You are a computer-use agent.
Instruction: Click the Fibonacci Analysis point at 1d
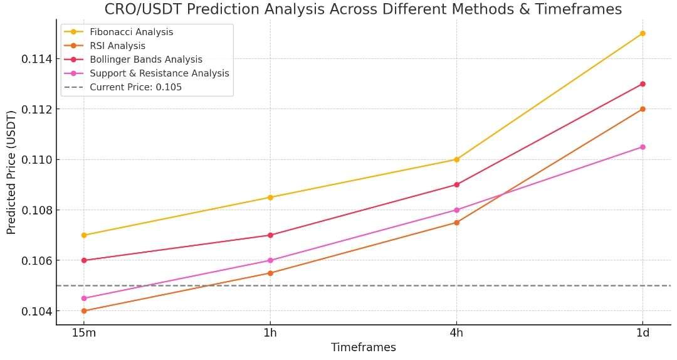tap(643, 33)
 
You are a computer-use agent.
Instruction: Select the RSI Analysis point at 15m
tap(84, 311)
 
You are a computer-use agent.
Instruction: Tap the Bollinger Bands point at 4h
tap(456, 184)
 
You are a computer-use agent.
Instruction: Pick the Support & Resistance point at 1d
tap(643, 147)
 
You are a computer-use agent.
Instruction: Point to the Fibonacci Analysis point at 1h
tap(270, 197)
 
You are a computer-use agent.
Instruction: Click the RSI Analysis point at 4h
tap(456, 223)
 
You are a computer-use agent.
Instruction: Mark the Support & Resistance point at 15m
tap(84, 299)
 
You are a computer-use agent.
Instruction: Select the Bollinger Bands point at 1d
tap(643, 84)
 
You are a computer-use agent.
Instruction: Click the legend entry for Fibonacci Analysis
tap(131, 32)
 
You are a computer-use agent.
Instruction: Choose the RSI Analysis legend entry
tap(117, 46)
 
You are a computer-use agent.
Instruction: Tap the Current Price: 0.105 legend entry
tap(135, 87)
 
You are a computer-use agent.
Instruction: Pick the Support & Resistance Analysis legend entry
tap(159, 73)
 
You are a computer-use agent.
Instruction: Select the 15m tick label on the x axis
tap(84, 332)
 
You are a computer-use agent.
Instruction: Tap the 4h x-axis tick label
tap(456, 332)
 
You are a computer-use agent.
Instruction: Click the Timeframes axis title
tap(363, 347)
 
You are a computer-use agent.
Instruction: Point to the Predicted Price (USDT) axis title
tap(11, 172)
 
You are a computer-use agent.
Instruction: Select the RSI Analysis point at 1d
tap(643, 109)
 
